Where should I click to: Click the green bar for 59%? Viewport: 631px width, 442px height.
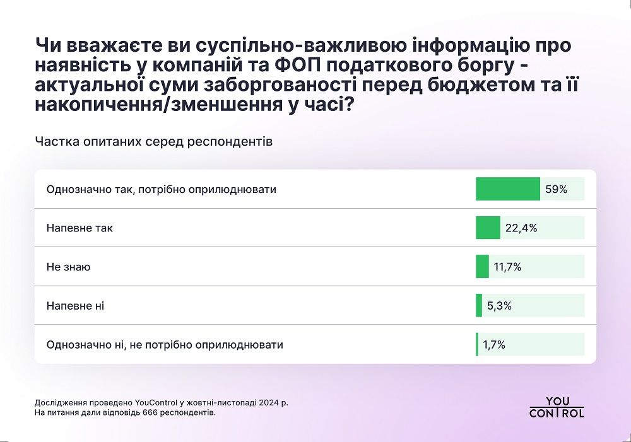(x=507, y=189)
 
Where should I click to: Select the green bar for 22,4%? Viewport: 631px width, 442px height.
(x=488, y=228)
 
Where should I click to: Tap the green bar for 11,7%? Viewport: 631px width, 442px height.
(x=482, y=267)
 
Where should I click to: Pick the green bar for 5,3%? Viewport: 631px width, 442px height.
(x=479, y=306)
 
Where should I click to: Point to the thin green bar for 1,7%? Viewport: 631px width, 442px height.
(x=477, y=345)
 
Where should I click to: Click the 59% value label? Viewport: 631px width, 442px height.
(x=557, y=189)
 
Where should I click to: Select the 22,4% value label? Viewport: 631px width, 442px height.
(x=521, y=228)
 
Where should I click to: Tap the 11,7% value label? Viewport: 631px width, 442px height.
(x=507, y=267)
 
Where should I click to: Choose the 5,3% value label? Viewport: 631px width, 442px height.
(x=498, y=306)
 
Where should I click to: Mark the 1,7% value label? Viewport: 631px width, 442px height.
(x=494, y=345)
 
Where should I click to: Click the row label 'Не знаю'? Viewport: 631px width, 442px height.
(x=68, y=267)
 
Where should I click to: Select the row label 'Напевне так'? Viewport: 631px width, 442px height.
(x=80, y=228)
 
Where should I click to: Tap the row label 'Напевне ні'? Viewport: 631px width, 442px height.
(x=75, y=306)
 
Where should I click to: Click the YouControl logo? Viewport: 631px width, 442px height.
(x=557, y=407)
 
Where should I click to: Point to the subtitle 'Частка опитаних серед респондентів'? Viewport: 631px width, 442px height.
(x=154, y=141)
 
